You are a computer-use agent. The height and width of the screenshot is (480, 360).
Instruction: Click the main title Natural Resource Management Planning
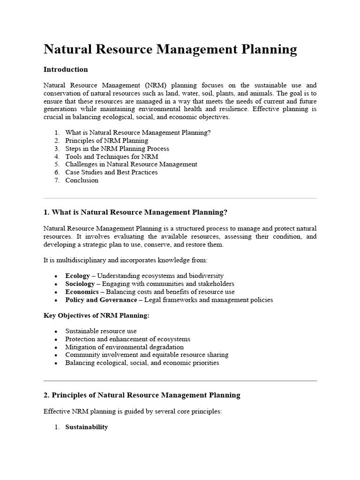point(170,50)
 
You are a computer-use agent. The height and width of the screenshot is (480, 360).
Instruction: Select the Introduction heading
point(66,69)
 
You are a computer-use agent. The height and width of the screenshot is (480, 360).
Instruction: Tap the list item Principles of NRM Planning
point(106,141)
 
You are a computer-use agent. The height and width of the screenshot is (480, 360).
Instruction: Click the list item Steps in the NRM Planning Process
point(117,149)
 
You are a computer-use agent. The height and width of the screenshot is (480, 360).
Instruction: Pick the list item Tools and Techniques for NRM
point(112,157)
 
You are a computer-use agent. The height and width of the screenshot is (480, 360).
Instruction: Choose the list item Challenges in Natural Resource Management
point(131,165)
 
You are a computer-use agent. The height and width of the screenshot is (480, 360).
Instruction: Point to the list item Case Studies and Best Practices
point(112,172)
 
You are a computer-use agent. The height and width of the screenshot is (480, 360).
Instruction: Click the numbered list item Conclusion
point(82,180)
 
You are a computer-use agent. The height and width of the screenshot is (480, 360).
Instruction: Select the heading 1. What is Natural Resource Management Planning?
point(135,212)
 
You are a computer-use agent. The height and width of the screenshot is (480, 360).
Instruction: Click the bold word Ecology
point(77,276)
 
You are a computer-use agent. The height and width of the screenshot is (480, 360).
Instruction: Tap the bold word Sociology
point(80,284)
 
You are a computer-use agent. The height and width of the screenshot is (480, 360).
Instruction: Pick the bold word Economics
point(82,292)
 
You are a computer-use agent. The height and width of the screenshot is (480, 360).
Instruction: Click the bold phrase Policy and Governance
point(101,300)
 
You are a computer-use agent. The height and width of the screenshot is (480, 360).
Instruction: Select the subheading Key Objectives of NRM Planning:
point(97,315)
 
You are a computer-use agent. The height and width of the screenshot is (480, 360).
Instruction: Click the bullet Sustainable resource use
point(101,331)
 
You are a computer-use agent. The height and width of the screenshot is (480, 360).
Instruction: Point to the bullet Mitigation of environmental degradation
point(125,347)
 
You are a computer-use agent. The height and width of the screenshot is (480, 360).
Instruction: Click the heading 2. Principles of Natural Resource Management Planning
point(142,395)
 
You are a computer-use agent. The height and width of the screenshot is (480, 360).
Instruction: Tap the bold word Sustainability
point(87,427)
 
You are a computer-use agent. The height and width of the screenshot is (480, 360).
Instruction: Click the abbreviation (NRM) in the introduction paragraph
point(156,85)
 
